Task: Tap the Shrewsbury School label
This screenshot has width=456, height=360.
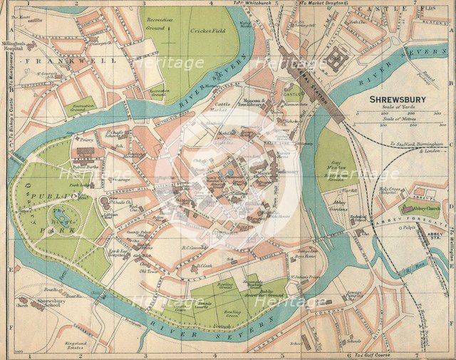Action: click(51, 304)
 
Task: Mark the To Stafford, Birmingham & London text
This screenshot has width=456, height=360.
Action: click(415, 147)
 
